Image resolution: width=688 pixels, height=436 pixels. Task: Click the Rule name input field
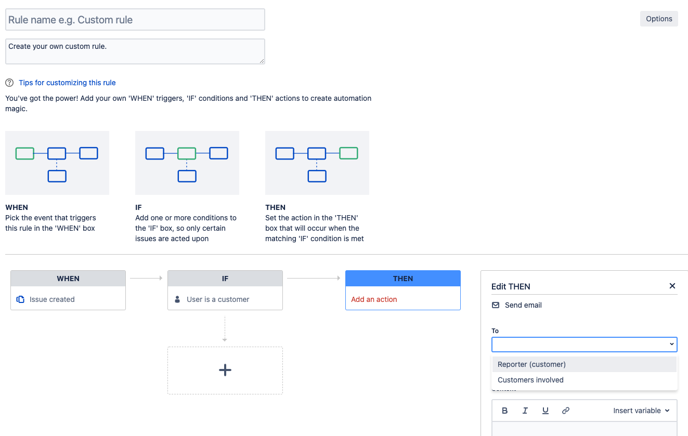point(135,20)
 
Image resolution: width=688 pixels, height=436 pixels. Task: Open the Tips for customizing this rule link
point(67,83)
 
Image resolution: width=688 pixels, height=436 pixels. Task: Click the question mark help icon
point(9,83)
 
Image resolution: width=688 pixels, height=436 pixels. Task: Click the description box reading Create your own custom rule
point(135,51)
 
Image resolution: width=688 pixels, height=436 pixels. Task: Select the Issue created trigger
point(52,299)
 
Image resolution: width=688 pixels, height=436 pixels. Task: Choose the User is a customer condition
point(218,299)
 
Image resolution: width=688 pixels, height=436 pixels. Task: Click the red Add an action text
point(374,299)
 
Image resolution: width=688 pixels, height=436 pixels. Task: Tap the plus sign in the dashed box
point(225,370)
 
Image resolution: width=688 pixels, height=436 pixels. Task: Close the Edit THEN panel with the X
point(672,286)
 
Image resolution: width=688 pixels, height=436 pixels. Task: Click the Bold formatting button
point(504,411)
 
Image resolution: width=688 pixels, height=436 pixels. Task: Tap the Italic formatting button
point(525,411)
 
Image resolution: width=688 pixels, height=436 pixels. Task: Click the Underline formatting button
point(545,411)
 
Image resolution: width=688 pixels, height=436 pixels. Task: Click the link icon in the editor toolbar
point(565,411)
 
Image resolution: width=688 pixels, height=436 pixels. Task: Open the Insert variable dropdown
point(641,411)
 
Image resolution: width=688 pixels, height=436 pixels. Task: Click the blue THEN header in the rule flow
point(403,279)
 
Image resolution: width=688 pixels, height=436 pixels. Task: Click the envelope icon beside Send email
point(496,305)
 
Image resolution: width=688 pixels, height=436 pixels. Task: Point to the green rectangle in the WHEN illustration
point(25,153)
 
